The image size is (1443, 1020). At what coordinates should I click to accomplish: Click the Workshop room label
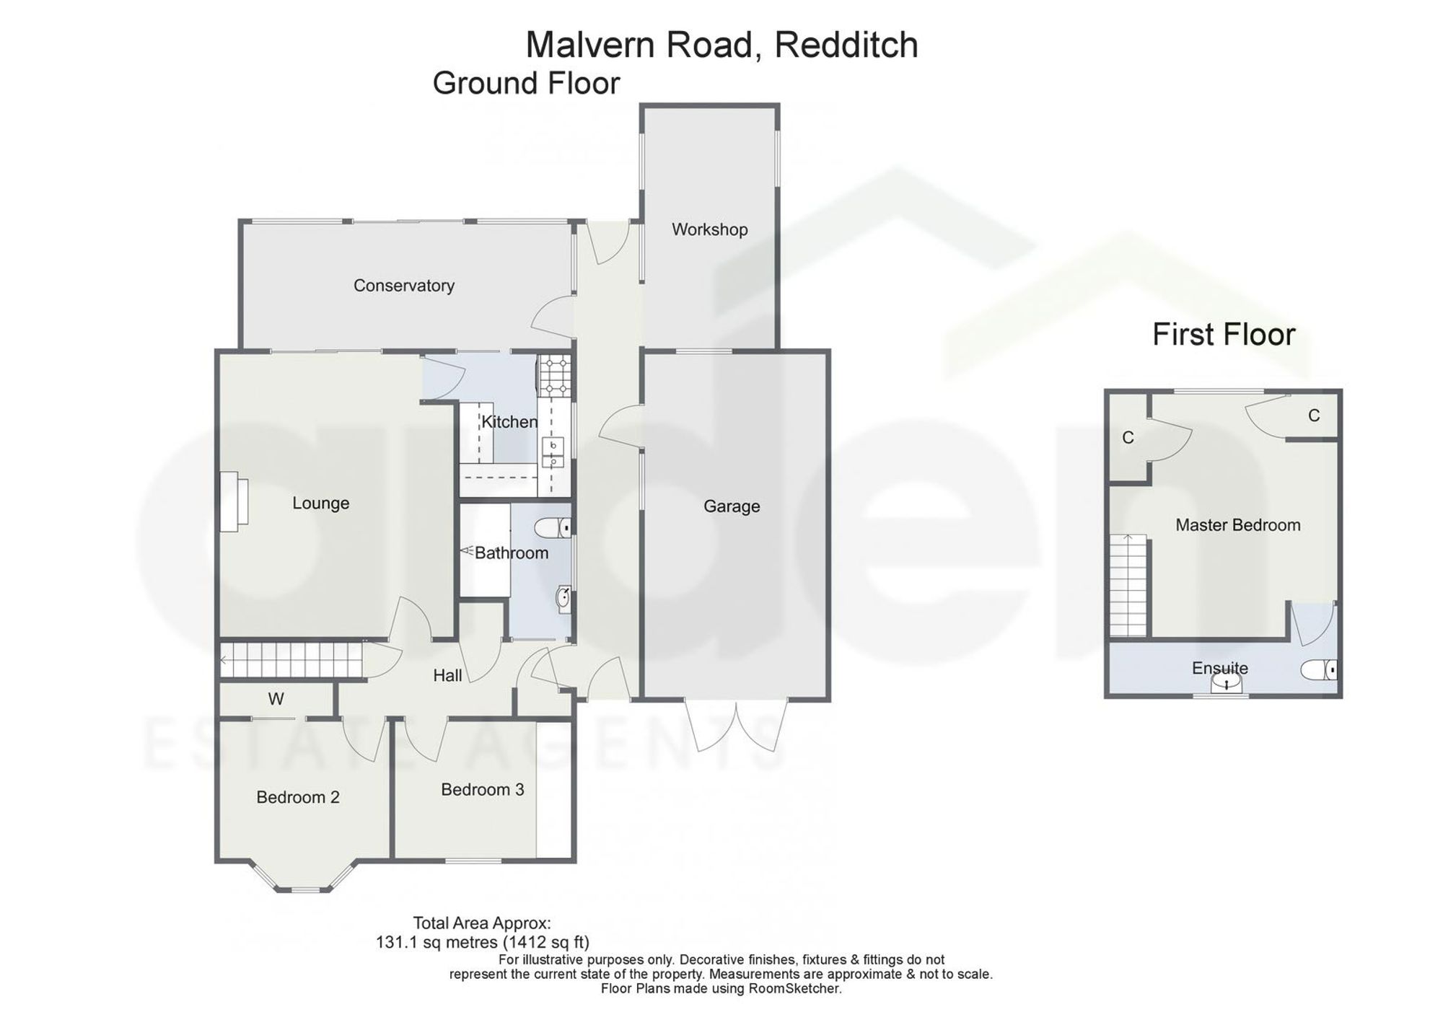709,229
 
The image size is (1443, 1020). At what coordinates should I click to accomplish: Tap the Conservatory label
404,286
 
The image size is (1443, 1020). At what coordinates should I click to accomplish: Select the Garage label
732,506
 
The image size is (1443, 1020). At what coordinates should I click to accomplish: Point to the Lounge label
320,504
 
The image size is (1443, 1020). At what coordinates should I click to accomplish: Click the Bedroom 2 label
298,797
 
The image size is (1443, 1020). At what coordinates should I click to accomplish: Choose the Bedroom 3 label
483,790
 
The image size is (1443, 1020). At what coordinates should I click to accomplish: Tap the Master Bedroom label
1238,525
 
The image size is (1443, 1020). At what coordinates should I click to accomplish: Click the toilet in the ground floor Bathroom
553,529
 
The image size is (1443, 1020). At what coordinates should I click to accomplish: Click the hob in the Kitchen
554,377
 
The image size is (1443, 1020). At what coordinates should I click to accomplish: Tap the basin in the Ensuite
1226,681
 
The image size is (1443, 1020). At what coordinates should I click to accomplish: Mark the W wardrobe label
276,698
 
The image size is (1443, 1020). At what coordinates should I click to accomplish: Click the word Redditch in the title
846,45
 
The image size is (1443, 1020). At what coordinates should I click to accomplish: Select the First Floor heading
1224,335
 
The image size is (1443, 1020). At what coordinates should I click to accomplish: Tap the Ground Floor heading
526,84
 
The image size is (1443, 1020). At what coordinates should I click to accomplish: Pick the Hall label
447,675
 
